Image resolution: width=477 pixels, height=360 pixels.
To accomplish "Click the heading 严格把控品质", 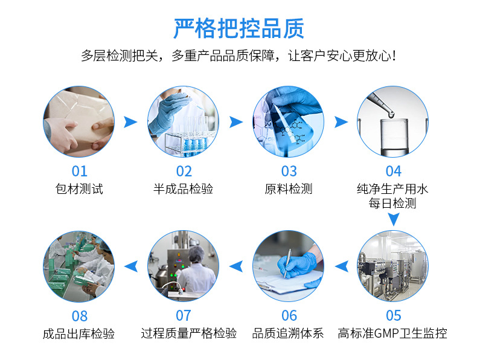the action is pos(239,28).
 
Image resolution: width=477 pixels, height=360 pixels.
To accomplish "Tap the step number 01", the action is pos(80,172).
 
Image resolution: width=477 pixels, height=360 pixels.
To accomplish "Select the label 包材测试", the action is pos(79,189).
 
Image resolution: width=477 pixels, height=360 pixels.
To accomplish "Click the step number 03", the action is pos(289,172).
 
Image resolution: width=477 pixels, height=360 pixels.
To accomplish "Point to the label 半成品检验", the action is pos(183,189).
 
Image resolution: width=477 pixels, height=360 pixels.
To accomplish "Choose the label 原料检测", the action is pos(289,189).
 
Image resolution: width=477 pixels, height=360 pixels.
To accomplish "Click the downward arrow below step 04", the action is pos(394,219).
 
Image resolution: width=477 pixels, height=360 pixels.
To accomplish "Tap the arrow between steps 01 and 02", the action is pos(130,122).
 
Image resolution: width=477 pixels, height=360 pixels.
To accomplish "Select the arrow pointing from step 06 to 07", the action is pos(236,266).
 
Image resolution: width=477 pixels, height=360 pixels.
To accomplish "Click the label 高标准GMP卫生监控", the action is pos(392,333).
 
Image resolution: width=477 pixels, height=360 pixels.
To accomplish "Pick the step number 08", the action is pos(80,316).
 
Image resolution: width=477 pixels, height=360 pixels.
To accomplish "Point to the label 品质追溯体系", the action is pos(288,333).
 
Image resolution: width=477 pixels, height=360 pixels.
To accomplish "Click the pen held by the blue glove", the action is pos(287,263).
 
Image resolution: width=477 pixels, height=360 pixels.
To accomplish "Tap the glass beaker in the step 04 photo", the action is pos(394,138).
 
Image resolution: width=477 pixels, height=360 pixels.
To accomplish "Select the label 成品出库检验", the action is pos(78,334).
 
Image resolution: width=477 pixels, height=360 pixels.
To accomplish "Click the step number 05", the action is pos(394,316).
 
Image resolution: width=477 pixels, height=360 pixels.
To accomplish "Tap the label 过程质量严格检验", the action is pos(188,333).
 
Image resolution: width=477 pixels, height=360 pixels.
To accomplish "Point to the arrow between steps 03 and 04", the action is pos(341,122).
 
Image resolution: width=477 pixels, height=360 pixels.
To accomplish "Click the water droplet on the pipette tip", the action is pos(391,115).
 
